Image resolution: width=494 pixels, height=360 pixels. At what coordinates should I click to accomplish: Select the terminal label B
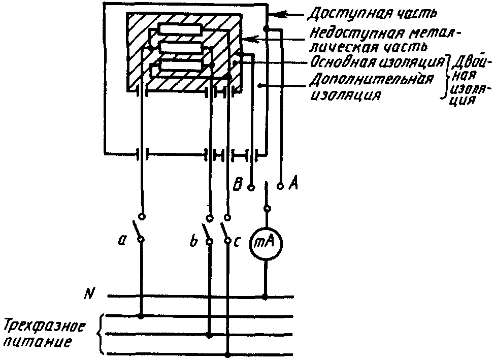pyautogui.click(x=238, y=183)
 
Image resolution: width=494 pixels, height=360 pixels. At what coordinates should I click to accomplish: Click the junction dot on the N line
pyautogui.click(x=264, y=296)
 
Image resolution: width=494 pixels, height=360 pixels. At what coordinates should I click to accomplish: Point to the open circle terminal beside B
pyautogui.click(x=250, y=187)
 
